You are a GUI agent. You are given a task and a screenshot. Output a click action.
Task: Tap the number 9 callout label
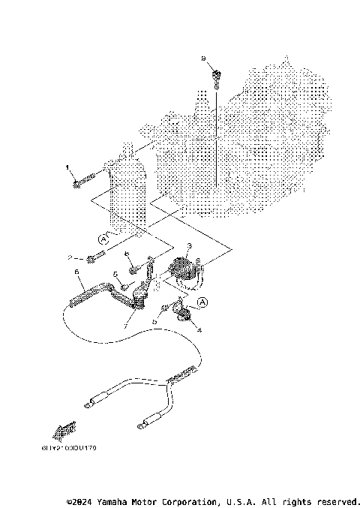coord(202,58)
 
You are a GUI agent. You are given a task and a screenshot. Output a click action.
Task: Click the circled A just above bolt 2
coord(103,239)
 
